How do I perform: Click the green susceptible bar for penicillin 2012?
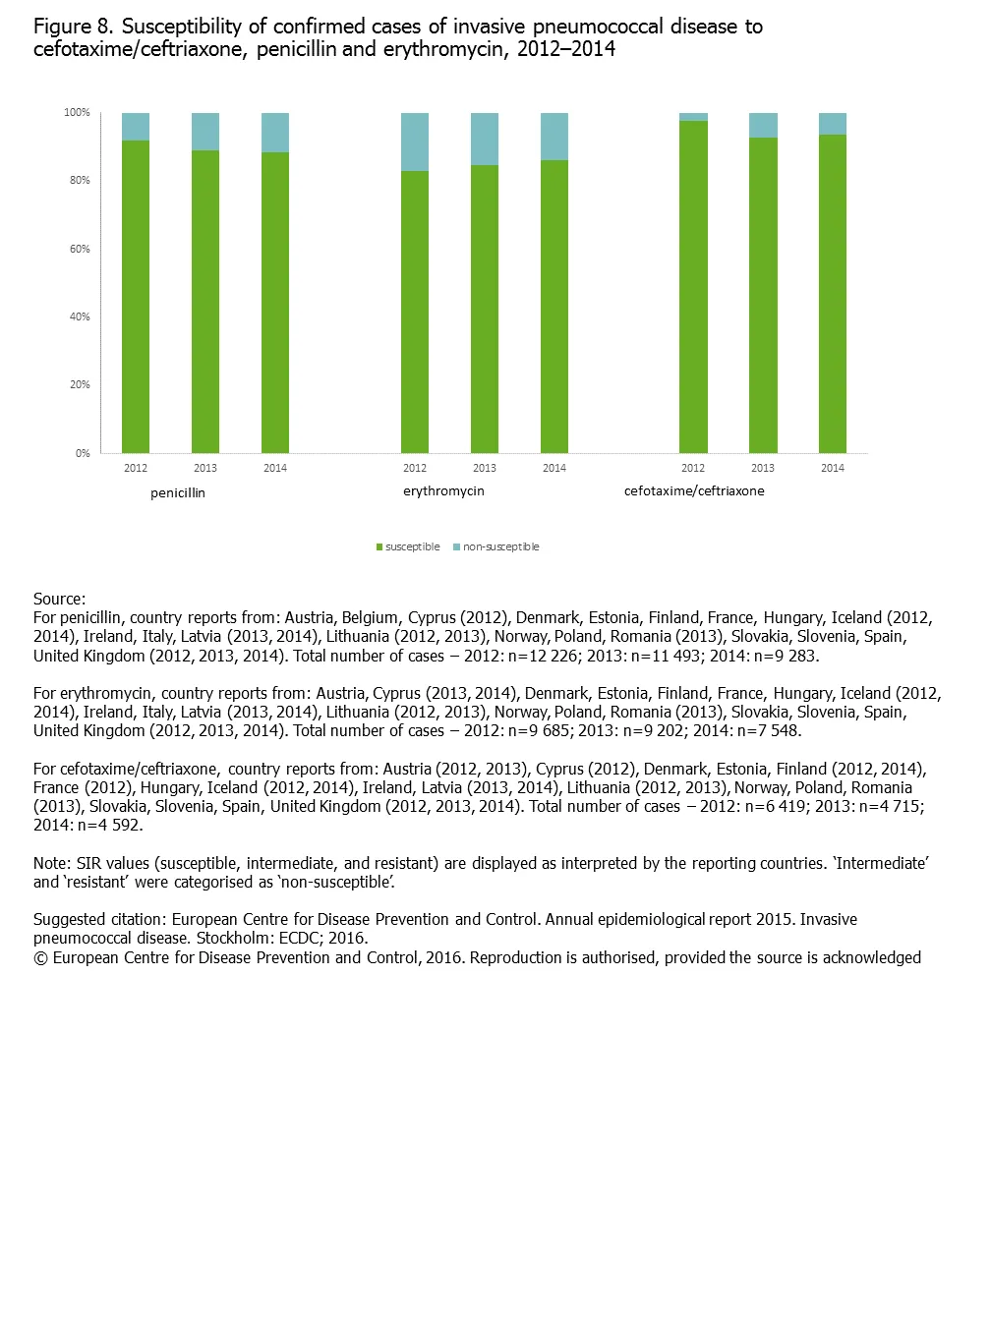(136, 295)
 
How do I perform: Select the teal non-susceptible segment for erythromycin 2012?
(415, 142)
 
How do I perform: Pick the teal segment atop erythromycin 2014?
(554, 136)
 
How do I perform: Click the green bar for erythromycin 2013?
(485, 309)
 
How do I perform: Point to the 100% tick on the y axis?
(77, 113)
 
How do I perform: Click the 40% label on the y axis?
(80, 316)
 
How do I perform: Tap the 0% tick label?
(83, 453)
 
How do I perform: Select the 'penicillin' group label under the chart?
(178, 493)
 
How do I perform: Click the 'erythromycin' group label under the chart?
(443, 491)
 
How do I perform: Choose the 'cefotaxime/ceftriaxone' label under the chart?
(694, 491)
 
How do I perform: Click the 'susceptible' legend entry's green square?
(379, 547)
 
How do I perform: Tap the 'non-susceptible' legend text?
(501, 547)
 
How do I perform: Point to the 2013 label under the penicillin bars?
(205, 468)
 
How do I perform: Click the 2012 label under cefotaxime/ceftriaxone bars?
(693, 468)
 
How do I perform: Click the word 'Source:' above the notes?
(59, 599)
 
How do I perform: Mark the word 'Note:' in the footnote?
(52, 863)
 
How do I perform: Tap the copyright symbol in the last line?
(40, 958)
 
